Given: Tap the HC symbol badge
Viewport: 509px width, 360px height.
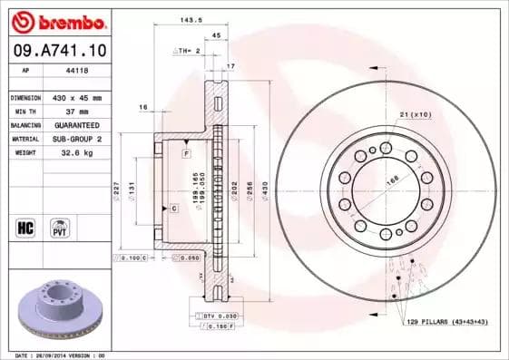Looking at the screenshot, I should click(25, 227).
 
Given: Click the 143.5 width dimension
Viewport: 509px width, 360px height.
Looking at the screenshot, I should click(189, 18).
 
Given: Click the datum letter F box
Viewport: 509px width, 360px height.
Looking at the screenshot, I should click(185, 154).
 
